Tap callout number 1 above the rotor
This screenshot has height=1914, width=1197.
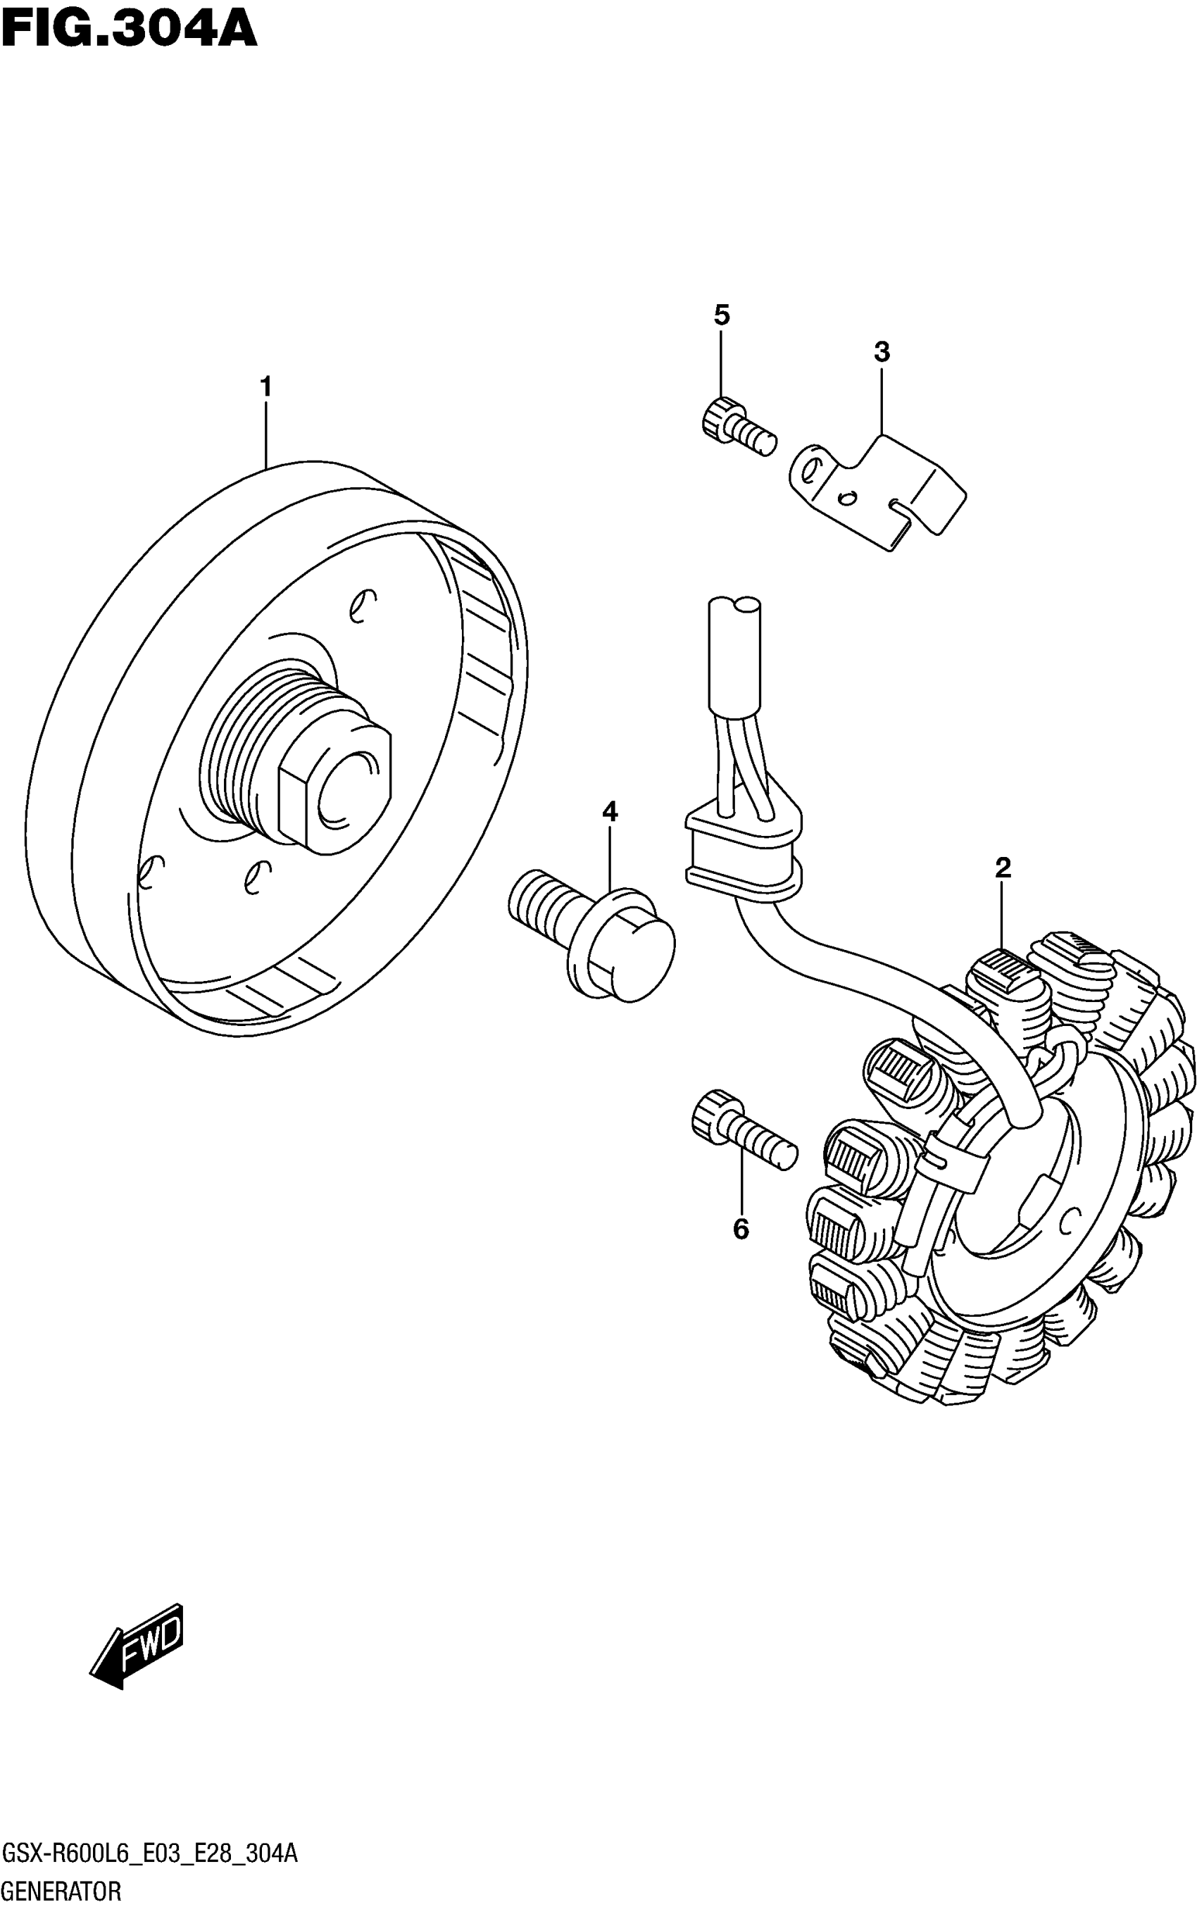click(266, 387)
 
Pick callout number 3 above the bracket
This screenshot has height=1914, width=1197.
click(882, 352)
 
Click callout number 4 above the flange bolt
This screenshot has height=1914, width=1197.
click(610, 811)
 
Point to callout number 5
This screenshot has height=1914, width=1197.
click(721, 315)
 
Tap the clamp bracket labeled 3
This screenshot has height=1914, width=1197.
click(879, 491)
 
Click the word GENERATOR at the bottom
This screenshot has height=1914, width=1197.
click(62, 1892)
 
